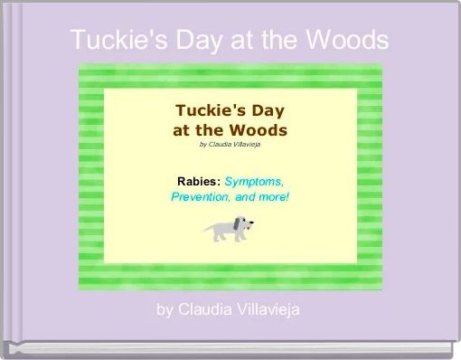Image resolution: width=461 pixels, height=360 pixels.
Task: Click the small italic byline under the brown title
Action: [230, 143]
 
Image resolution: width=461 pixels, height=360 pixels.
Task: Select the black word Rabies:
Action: [198, 181]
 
